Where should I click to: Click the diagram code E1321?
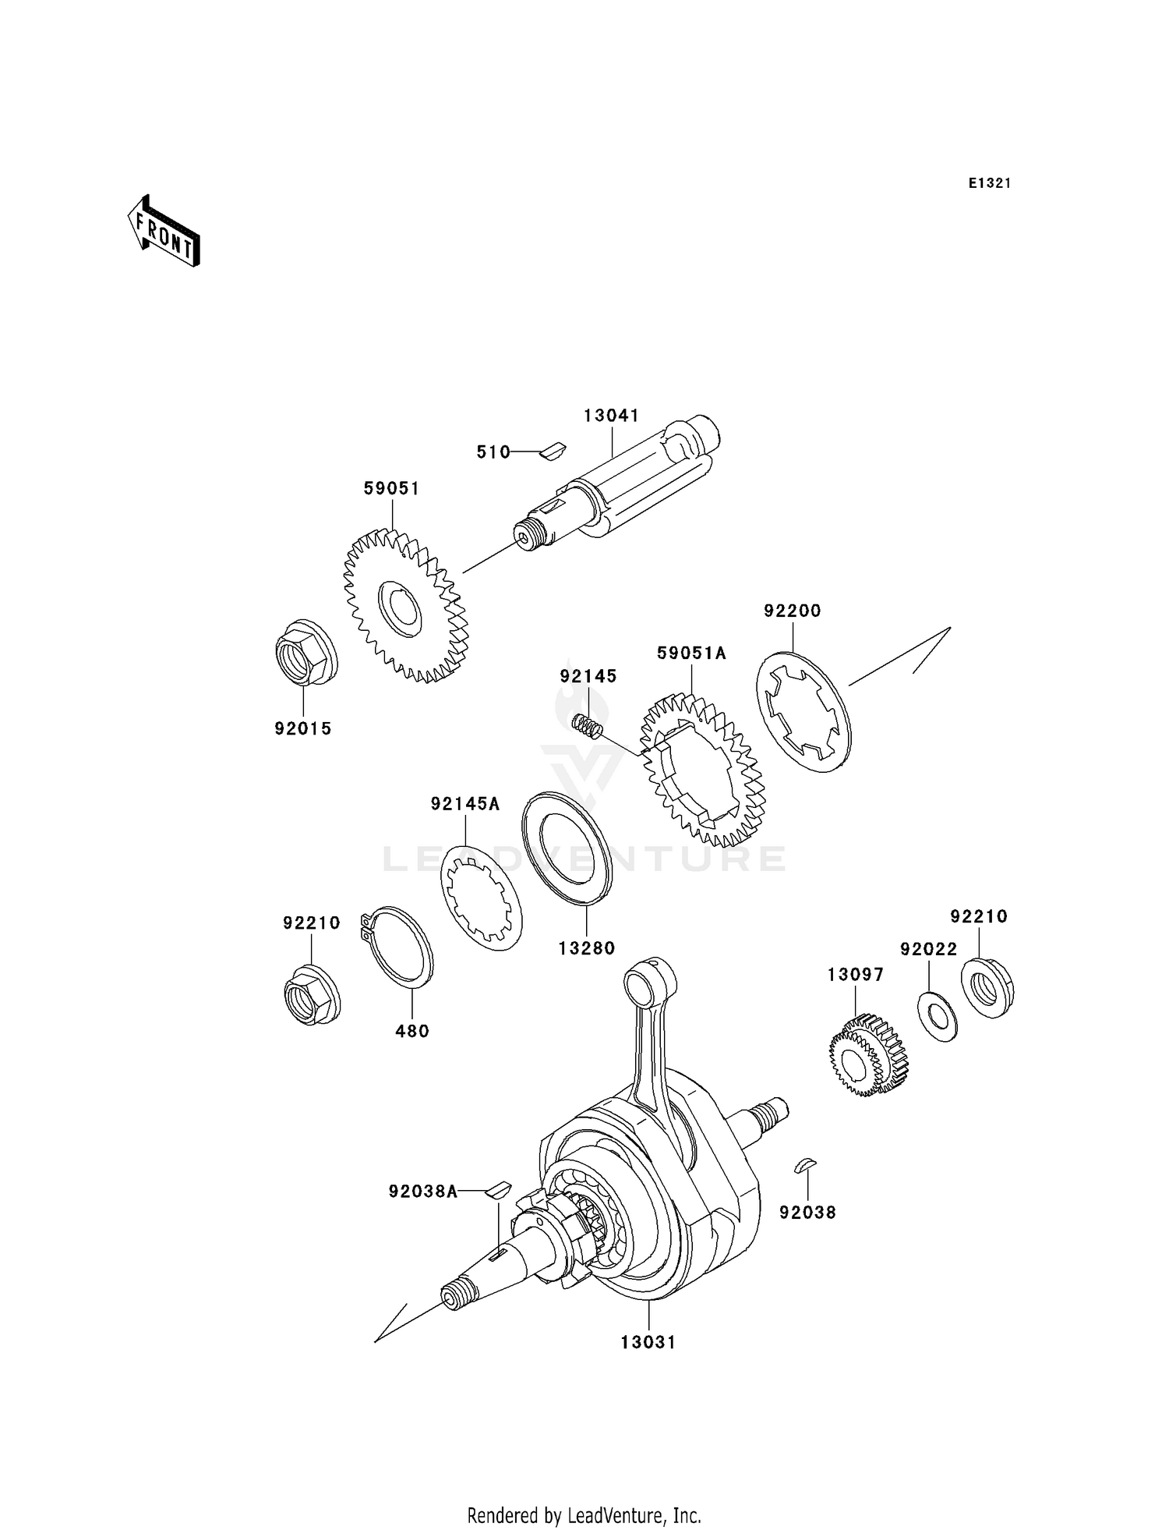pos(989,183)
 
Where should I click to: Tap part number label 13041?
pos(611,416)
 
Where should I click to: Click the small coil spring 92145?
pos(588,724)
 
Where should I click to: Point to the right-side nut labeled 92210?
pos(987,986)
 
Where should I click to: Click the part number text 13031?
pos(648,1342)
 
